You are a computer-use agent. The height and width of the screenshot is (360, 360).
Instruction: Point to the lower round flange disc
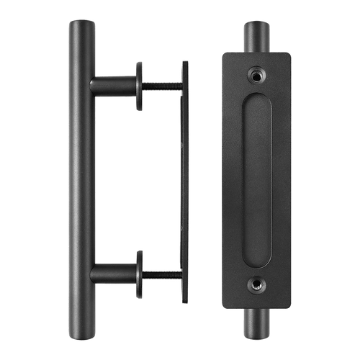pos(138,274)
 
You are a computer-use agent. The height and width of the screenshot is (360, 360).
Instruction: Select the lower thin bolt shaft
pos(162,274)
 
